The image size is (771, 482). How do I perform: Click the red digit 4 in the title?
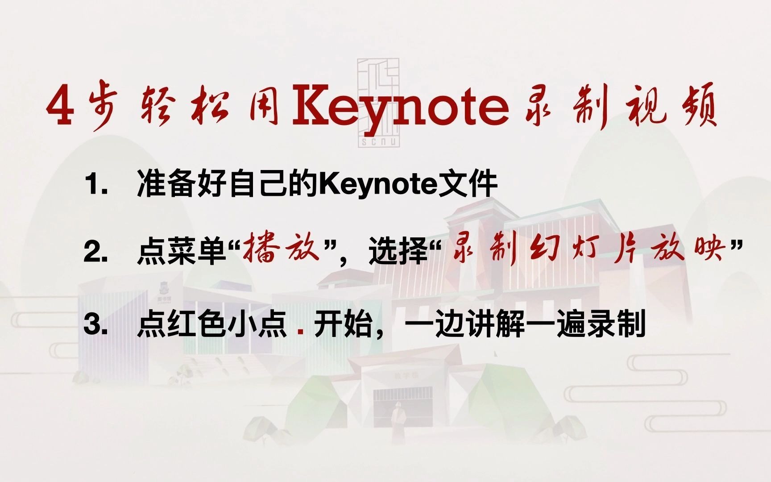61,106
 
